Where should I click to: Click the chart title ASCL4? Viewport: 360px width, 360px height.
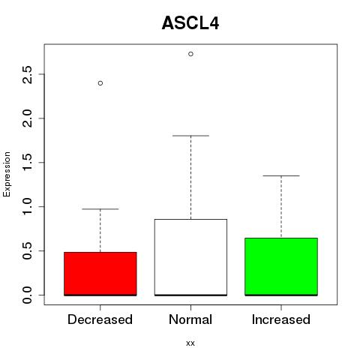point(190,23)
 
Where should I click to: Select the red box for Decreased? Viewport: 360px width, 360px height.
point(100,274)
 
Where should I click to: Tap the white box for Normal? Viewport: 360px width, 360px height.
point(190,257)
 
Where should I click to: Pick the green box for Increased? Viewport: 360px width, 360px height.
point(281,267)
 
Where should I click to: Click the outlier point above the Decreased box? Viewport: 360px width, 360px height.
point(100,83)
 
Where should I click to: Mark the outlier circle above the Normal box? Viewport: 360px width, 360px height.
point(190,54)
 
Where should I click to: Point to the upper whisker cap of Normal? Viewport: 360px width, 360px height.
point(190,136)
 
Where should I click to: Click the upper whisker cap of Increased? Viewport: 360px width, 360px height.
point(281,175)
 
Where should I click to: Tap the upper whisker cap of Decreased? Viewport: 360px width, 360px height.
point(100,209)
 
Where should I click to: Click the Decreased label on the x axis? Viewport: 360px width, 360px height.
point(100,319)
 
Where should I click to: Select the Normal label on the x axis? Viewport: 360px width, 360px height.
point(190,319)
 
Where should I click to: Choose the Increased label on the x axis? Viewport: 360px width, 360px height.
point(281,319)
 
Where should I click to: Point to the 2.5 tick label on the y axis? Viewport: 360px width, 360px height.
point(27,74)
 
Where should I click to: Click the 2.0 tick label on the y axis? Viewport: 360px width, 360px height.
point(27,118)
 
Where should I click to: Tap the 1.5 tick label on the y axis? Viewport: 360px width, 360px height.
point(27,163)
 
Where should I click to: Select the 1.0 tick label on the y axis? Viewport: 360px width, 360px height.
point(27,206)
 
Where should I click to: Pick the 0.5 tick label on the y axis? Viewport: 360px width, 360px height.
point(27,250)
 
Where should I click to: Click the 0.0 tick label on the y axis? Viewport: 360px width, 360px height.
point(27,295)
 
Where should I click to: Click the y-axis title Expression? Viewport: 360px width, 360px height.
point(7,174)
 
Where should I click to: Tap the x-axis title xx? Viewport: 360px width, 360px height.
point(190,343)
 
